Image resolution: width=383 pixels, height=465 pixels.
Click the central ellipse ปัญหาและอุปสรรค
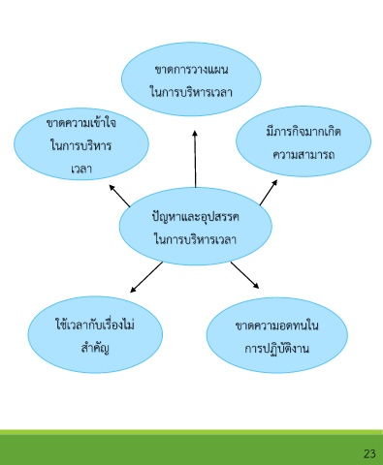point(195,226)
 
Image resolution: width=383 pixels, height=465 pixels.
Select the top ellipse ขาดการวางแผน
point(191,79)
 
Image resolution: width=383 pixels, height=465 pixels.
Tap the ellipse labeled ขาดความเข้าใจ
point(81,144)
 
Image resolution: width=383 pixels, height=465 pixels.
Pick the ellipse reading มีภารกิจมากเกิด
point(303,141)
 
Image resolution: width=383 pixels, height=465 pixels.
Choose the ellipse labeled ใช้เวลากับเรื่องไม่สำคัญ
point(95,334)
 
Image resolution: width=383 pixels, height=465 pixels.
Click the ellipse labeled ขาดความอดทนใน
point(277,335)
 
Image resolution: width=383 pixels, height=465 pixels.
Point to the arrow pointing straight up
point(195,159)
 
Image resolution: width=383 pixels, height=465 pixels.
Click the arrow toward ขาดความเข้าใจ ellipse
point(119,196)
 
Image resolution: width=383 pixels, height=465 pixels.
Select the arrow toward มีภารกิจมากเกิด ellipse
point(269,193)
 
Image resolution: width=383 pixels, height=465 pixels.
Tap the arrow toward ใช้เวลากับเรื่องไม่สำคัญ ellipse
point(146,277)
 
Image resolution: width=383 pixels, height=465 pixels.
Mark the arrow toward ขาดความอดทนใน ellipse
point(244,275)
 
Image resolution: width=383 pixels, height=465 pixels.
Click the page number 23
point(369,453)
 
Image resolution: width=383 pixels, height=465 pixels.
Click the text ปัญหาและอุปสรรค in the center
point(195,217)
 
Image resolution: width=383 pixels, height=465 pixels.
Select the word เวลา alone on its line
point(81,169)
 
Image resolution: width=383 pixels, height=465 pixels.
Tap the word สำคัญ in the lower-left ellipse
point(95,348)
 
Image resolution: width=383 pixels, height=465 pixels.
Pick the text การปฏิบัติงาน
point(276,348)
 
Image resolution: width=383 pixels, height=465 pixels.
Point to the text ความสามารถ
point(303,154)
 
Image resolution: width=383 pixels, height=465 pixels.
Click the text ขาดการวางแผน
point(191,70)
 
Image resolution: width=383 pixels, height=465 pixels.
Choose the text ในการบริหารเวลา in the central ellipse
point(195,239)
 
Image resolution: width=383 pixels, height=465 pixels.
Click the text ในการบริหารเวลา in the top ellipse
point(191,92)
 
